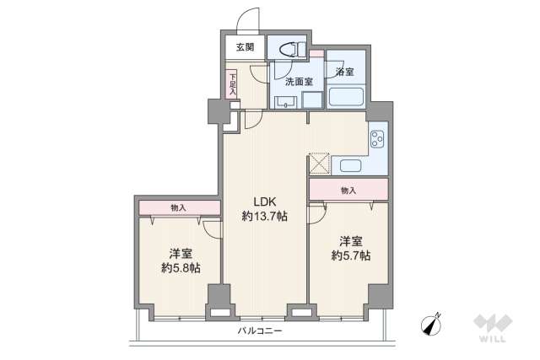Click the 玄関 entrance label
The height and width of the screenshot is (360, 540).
246,47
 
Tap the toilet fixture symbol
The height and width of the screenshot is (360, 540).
293,50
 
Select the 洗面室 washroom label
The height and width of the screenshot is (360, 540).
299,82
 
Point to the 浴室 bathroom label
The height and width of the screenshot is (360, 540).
345,72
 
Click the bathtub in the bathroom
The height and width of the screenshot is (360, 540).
346,97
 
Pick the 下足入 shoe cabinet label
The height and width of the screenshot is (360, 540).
233,84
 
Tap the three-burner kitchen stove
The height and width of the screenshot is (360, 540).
377,139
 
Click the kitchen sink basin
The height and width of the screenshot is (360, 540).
351,165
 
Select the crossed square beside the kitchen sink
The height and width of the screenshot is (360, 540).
319,164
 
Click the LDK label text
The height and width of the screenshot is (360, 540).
265,201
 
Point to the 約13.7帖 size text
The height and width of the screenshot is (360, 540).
264,216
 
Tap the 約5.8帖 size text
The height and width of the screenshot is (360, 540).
181,268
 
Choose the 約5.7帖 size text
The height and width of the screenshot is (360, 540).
351,255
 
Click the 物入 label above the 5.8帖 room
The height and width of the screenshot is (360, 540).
178,208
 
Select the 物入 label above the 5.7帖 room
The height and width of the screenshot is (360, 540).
348,190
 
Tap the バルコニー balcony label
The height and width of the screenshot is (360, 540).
260,331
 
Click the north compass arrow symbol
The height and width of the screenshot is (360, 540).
431,325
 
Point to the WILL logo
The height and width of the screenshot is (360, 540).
493,328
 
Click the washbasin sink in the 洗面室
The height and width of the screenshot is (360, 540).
286,102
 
